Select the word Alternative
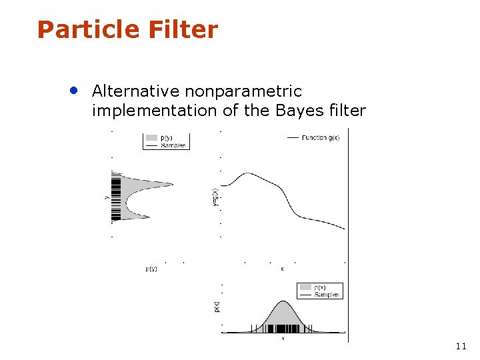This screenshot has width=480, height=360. coord(135,91)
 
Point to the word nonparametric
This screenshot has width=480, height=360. coord(243,91)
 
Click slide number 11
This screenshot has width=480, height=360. coord(461,346)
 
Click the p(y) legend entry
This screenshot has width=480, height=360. coord(166,138)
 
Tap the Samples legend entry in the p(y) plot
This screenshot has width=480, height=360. coord(173,145)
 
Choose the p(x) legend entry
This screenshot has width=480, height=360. coord(320,287)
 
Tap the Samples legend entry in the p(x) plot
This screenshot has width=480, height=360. coord(326,295)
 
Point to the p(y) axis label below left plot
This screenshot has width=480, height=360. coord(151,269)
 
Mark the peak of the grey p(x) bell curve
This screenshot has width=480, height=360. coord(283,303)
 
